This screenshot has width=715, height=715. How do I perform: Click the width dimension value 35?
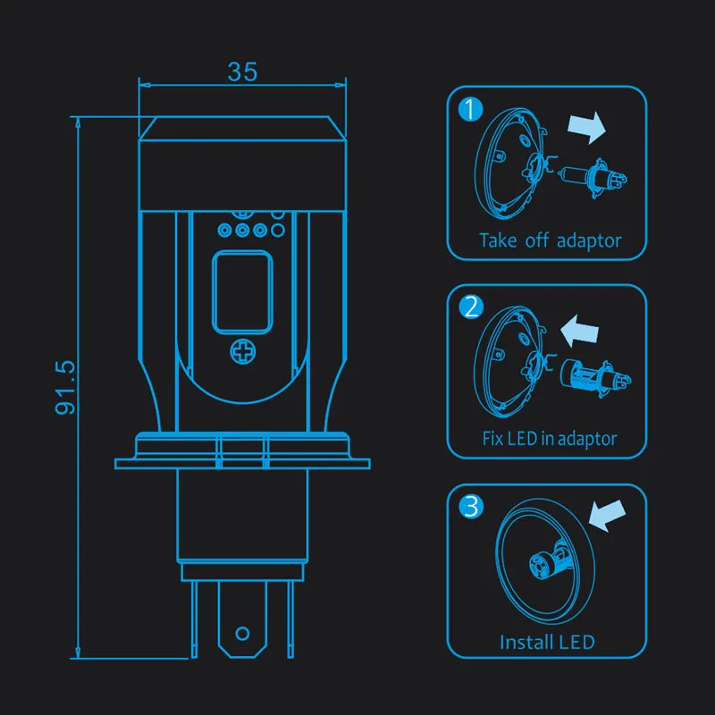[242, 71]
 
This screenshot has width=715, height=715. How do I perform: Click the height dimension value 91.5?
[64, 388]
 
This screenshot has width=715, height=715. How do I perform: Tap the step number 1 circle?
[471, 109]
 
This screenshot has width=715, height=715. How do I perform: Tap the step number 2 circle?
[471, 307]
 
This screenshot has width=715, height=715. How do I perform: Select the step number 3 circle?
[471, 507]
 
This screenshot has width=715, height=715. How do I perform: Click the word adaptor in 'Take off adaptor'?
[589, 240]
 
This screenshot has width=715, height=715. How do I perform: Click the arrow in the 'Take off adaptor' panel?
[587, 127]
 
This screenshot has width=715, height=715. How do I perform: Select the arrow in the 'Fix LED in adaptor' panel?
[579, 331]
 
